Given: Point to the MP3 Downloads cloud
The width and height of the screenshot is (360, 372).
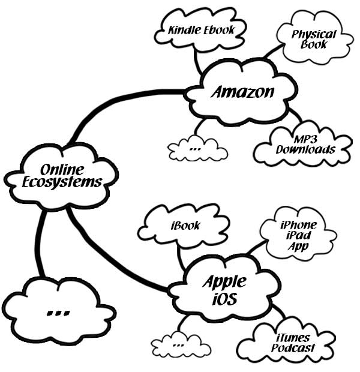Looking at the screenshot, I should point(305,144).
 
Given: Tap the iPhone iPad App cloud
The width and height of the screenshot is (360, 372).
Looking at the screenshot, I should point(298,236).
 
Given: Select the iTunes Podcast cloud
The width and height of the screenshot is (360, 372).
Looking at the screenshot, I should point(293,342).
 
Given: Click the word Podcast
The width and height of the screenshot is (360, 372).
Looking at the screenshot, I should point(293,349).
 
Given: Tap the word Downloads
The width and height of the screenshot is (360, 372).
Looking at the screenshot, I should point(305,149).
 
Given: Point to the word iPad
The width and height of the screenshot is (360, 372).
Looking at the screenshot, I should point(298,236).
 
